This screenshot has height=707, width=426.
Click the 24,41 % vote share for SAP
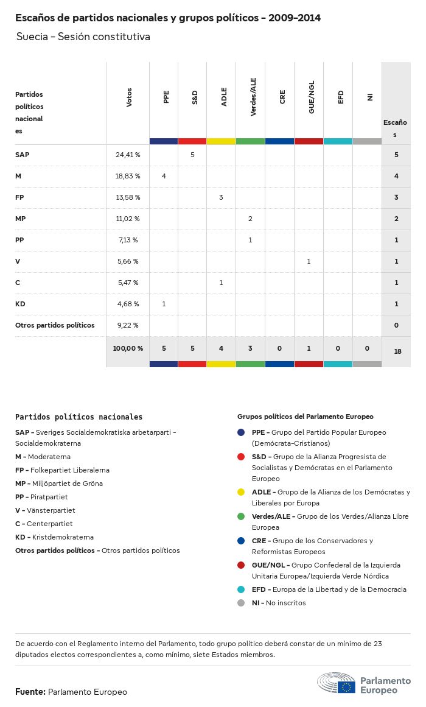coord(128,155)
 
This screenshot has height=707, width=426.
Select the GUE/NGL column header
coord(312,101)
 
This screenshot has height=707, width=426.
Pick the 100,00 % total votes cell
coord(128,348)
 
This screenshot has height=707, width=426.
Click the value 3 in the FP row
coord(221,197)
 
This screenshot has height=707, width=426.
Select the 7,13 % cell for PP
coord(128,240)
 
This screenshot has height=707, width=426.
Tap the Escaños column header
coord(396,128)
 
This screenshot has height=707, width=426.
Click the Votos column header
coord(129,97)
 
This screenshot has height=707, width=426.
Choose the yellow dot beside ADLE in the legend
coord(242,492)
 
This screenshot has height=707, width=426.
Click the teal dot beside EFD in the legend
coord(242,589)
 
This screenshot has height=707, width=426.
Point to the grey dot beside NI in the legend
coord(242,603)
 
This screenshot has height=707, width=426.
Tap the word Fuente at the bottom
coord(30,692)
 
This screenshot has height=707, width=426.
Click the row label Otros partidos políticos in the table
coord(55,325)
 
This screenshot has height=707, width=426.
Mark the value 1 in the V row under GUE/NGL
coord(309,261)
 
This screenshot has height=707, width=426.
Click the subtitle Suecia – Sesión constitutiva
coord(83,37)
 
